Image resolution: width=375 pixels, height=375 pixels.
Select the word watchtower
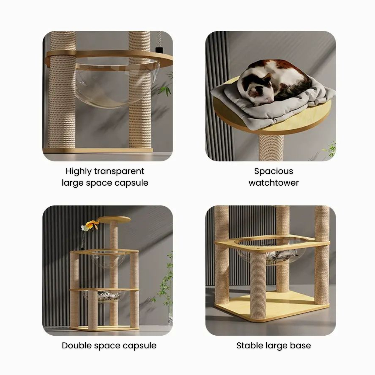pyautogui.click(x=274, y=183)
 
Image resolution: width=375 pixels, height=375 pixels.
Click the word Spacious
pyautogui.click(x=274, y=172)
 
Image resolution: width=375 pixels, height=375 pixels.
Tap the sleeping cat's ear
pyautogui.click(x=267, y=77)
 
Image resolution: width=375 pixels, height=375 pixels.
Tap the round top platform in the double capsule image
pyautogui.click(x=114, y=219)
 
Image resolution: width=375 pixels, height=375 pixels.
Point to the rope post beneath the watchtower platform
pyautogui.click(x=271, y=147)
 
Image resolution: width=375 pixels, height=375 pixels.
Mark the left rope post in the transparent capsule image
pyautogui.click(x=62, y=91)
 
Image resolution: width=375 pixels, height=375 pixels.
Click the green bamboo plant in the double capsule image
pyautogui.click(x=165, y=287)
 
